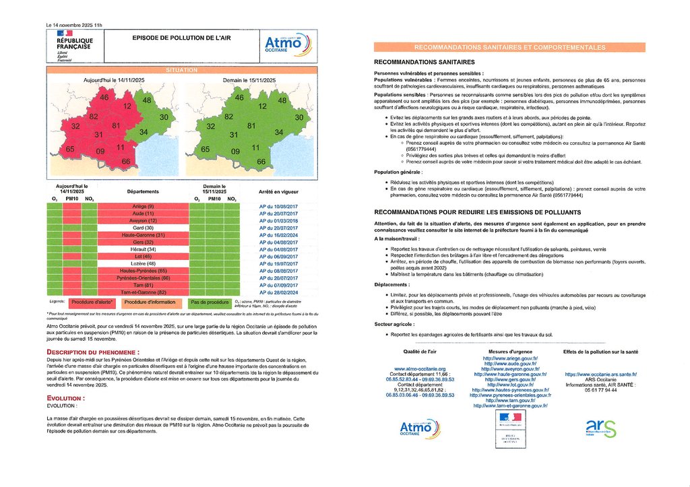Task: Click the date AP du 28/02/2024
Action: pyautogui.click(x=278, y=291)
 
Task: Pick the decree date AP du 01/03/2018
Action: pyautogui.click(x=278, y=221)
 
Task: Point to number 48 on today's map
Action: pyautogui.click(x=147, y=100)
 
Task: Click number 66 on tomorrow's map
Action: pyautogui.click(x=261, y=162)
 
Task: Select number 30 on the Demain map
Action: pyautogui.click(x=299, y=117)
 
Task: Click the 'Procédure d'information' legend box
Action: pyautogui.click(x=149, y=303)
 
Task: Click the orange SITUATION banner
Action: pyautogui.click(x=182, y=70)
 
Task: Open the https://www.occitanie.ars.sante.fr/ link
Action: pyautogui.click(x=600, y=374)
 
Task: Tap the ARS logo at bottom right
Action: pyautogui.click(x=600, y=428)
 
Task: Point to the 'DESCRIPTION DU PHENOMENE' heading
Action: pyautogui.click(x=93, y=352)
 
